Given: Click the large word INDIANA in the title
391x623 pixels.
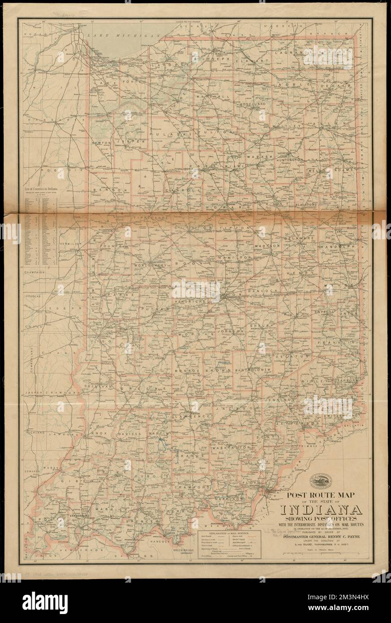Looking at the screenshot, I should (x=321, y=510).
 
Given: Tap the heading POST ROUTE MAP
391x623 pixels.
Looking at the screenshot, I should (x=321, y=496).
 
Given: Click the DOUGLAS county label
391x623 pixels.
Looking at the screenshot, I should (x=33, y=297).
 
